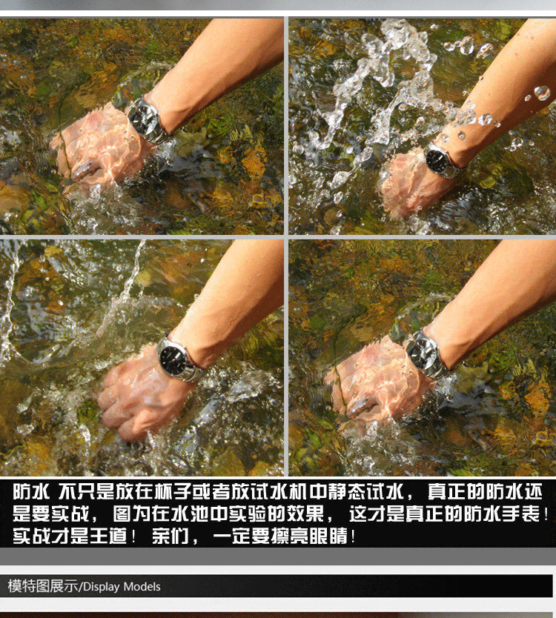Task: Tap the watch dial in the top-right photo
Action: click(x=437, y=160)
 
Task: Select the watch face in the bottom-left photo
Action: click(x=173, y=358)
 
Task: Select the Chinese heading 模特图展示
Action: click(x=43, y=586)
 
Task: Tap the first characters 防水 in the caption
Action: click(x=31, y=491)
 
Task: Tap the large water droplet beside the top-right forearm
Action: click(x=542, y=93)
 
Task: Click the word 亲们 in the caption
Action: click(x=171, y=536)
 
